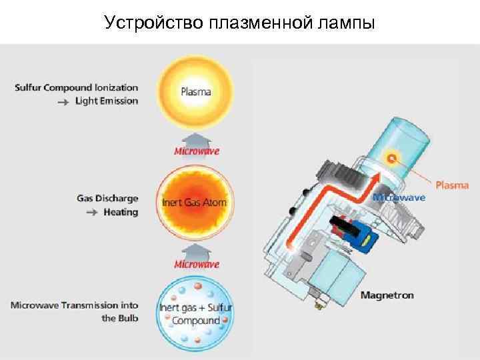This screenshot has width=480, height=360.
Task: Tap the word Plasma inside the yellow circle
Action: (196, 91)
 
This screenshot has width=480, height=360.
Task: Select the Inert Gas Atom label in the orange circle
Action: (195, 202)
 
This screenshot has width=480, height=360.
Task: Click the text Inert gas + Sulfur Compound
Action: (196, 314)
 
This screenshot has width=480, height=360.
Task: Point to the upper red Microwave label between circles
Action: (197, 151)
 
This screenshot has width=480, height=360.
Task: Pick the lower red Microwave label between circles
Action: (197, 264)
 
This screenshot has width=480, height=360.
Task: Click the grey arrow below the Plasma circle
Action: (197, 137)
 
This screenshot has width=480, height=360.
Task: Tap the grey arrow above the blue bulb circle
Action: (197, 250)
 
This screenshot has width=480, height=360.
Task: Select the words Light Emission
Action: (107, 101)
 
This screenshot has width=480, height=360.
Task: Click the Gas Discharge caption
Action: (107, 199)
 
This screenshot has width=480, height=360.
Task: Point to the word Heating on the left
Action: (120, 213)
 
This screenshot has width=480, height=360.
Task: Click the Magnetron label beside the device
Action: (387, 295)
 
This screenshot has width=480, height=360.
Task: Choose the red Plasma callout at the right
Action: (453, 185)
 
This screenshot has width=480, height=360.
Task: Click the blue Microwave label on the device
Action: (399, 197)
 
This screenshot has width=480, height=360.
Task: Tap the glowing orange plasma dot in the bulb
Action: (392, 157)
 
